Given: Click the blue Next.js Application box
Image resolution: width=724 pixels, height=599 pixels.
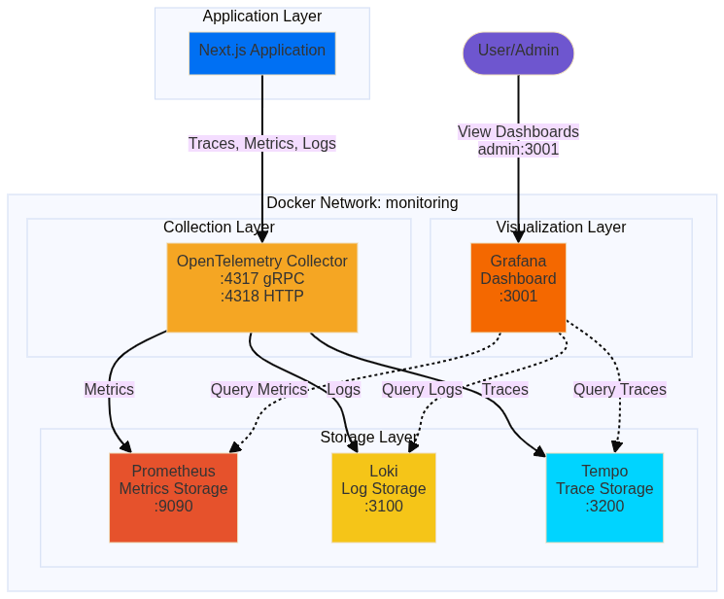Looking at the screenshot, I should click(261, 53).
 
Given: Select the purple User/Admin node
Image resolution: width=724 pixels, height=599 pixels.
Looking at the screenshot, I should click(518, 53).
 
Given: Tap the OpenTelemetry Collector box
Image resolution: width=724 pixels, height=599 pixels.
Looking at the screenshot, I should click(261, 287).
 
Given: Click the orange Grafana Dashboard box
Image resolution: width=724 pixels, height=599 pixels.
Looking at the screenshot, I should click(518, 287).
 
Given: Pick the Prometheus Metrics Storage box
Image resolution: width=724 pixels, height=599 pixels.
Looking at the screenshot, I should click(173, 497).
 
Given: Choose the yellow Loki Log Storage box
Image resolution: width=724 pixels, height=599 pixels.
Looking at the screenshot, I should click(383, 497).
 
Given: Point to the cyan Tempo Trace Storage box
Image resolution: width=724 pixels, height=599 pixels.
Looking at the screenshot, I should click(603, 497).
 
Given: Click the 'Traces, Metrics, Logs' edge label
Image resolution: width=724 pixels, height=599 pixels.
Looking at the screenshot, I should click(261, 143).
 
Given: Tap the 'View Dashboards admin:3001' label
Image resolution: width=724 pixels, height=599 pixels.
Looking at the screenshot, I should click(518, 140).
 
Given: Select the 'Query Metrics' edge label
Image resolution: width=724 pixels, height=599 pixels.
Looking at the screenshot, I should click(259, 389).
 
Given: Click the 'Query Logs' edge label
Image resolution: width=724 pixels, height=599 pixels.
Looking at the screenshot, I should click(422, 389).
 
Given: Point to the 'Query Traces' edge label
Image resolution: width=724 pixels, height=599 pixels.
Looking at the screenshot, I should click(619, 389).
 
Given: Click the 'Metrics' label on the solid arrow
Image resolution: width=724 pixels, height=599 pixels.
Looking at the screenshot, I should click(109, 389).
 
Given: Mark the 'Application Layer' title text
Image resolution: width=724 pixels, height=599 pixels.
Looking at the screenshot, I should click(261, 16).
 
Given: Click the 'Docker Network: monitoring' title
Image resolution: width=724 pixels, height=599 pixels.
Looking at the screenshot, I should click(362, 202).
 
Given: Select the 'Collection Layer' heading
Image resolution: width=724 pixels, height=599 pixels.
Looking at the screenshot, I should click(219, 227).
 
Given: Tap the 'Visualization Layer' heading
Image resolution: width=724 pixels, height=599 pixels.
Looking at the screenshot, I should click(561, 227).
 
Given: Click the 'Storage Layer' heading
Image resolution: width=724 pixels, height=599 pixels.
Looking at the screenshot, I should click(368, 437).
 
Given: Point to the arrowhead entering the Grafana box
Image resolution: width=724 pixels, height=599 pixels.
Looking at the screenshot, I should click(518, 236).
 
